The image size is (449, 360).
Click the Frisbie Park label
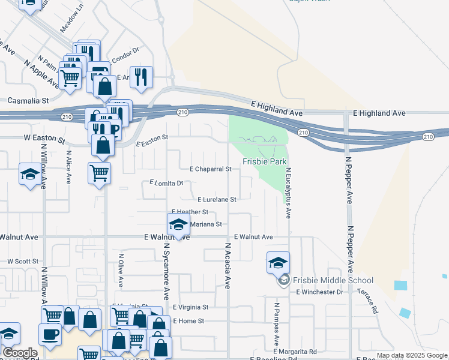[x=265, y=162]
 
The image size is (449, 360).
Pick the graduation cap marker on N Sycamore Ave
[x=178, y=224]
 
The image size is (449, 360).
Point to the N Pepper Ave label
[x=348, y=181]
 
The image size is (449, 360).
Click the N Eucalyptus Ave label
[x=288, y=193]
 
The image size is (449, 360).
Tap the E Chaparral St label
[x=210, y=169]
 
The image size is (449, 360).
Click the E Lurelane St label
[x=217, y=199]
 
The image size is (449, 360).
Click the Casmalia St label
[x=28, y=101]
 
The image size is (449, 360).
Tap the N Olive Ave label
[x=120, y=272]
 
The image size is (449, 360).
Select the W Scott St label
[x=22, y=262]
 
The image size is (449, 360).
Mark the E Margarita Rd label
[x=295, y=351]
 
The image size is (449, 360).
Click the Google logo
[x=20, y=353]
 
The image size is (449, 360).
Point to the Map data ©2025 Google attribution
[x=412, y=356]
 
